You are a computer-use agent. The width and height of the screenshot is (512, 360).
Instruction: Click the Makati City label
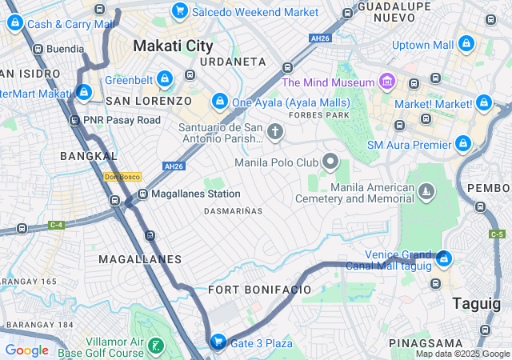(173, 46)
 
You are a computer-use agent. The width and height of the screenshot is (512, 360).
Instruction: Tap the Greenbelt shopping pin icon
(164, 79)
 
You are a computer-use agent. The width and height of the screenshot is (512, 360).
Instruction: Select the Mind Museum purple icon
(386, 82)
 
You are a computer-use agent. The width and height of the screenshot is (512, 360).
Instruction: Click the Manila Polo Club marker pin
(331, 162)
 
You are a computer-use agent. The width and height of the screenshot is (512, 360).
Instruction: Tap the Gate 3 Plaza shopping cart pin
(217, 342)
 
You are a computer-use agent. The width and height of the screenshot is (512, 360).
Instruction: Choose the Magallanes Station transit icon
(142, 194)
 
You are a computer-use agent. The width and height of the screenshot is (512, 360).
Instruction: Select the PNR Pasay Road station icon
(74, 120)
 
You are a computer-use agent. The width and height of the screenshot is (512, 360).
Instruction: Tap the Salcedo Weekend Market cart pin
(179, 11)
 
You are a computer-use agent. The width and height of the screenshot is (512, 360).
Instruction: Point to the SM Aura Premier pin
(462, 144)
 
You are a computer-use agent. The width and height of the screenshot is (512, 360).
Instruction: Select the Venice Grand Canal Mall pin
(443, 259)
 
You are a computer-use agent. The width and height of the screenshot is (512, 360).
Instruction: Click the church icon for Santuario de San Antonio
(275, 131)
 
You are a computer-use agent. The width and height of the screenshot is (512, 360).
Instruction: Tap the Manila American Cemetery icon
(427, 192)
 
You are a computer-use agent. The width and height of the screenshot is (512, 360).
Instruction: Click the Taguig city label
(477, 303)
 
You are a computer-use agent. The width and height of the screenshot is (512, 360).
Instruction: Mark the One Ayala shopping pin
(220, 102)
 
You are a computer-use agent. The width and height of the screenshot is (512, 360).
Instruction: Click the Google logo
(26, 350)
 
